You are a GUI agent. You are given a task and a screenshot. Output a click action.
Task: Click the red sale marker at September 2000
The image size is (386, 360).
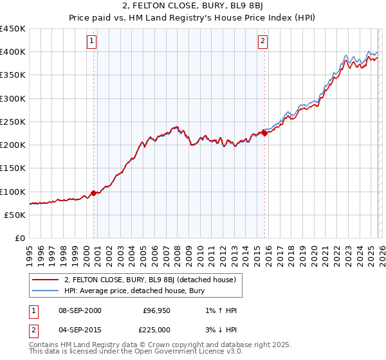pyautogui.click(x=93, y=192)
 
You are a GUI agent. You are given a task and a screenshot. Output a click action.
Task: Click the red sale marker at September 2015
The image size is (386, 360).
pyautogui.click(x=264, y=134)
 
